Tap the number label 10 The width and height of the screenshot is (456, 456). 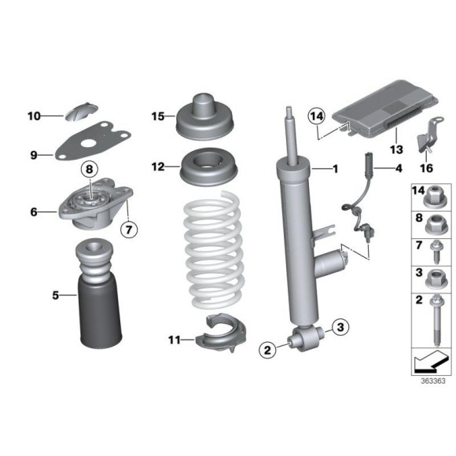(x=33, y=116)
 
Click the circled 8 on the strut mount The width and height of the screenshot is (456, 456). (x=89, y=169)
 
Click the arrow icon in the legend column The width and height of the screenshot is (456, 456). (x=429, y=362)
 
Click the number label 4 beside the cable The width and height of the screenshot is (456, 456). (x=399, y=168)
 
